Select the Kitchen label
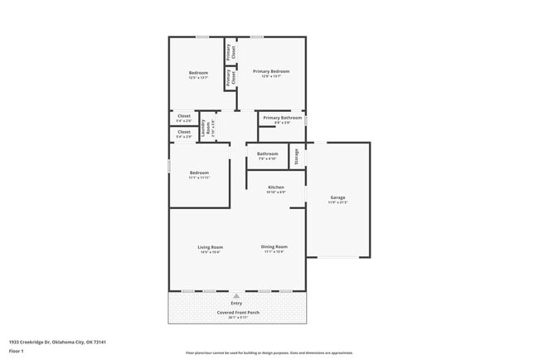click(x=275, y=187)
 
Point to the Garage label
click(x=337, y=197)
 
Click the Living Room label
click(x=210, y=246)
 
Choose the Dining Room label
click(x=274, y=246)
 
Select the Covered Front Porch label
click(x=238, y=313)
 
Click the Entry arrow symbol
click(x=237, y=295)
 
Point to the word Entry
click(x=237, y=304)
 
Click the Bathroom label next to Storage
click(x=267, y=153)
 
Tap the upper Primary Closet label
click(x=231, y=51)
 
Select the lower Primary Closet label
click(x=234, y=78)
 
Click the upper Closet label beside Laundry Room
click(x=184, y=118)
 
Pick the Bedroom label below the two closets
click(x=199, y=173)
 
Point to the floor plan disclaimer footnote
click(x=269, y=353)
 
